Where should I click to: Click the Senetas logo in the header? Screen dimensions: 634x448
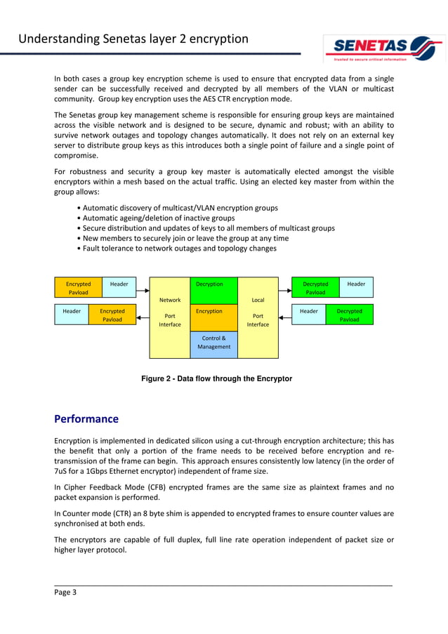[x=383, y=48]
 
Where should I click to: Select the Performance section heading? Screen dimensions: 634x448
[x=86, y=418]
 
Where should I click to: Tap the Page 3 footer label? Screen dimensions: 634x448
[x=65, y=592]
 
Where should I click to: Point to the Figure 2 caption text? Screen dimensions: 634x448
[x=216, y=378]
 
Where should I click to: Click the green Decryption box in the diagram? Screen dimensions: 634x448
[x=214, y=290]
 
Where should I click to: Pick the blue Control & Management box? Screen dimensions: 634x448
[x=214, y=343]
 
